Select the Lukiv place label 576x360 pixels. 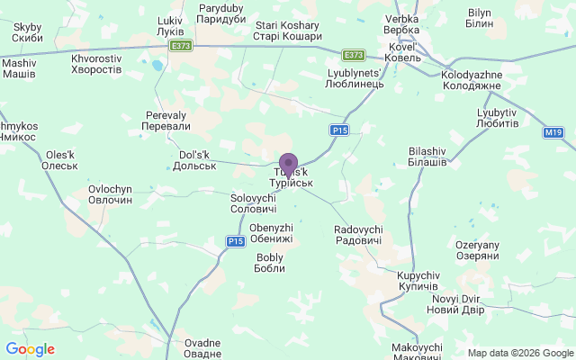[x=169, y=26]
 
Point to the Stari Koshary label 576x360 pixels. [x=288, y=31]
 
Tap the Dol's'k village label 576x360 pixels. [x=193, y=160]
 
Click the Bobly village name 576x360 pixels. [x=270, y=263]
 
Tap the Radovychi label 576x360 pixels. [x=357, y=235]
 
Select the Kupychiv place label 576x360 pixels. [x=418, y=279]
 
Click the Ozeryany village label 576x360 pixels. [x=477, y=250]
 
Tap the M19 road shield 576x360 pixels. [x=553, y=132]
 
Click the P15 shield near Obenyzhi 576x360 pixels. [x=236, y=241]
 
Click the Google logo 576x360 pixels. [x=31, y=349]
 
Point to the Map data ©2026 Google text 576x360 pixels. [x=519, y=353]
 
